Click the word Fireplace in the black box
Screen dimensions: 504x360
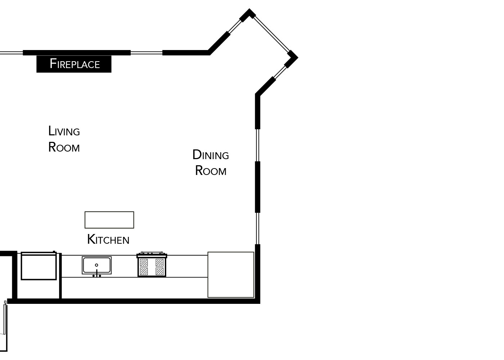point(75,64)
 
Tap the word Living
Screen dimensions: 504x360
point(64,131)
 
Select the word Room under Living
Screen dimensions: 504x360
point(64,147)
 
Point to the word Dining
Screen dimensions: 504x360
point(211,155)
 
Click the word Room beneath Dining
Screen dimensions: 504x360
point(211,171)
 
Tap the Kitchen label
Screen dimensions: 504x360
point(108,239)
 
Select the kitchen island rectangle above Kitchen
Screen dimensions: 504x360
point(109,220)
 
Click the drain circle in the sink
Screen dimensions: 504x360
point(96,265)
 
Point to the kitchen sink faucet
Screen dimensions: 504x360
point(97,273)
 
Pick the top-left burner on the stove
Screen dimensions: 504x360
point(144,263)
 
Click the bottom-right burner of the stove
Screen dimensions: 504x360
point(159,271)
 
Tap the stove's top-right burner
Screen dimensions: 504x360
point(159,263)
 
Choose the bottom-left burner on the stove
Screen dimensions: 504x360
point(144,271)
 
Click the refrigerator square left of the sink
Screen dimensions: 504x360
point(39,266)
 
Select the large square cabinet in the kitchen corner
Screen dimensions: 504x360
point(231,275)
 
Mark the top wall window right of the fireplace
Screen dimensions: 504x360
point(147,53)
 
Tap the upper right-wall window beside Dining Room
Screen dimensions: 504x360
point(258,145)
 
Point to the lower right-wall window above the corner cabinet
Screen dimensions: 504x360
point(258,228)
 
